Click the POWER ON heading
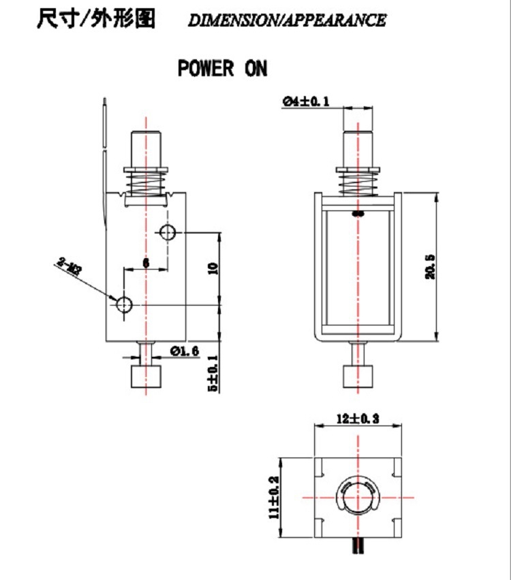(x=223, y=69)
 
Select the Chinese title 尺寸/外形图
(x=95, y=18)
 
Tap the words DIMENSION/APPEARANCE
(x=287, y=20)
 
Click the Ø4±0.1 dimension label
(x=306, y=101)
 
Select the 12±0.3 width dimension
(x=357, y=419)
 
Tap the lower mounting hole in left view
(x=125, y=304)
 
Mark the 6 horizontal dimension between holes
(x=145, y=261)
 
